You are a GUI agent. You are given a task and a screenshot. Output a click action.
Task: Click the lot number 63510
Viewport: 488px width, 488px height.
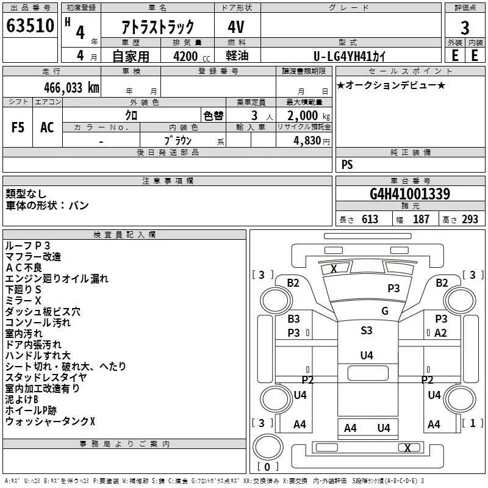(x=30, y=25)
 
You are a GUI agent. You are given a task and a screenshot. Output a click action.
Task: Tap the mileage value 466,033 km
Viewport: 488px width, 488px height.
(x=71, y=88)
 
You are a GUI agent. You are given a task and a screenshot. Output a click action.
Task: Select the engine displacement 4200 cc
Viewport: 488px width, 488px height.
(x=192, y=56)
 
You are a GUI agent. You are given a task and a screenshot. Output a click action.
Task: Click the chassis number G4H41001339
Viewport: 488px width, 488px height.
(x=410, y=194)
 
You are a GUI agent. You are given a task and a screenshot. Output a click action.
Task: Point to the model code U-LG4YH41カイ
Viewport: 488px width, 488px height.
(x=350, y=56)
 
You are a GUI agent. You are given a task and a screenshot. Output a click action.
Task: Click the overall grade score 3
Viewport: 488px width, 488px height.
(x=465, y=28)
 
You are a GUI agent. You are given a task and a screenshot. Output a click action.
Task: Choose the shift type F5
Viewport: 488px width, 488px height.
(x=18, y=127)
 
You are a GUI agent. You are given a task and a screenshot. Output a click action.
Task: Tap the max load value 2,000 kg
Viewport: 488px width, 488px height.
(x=309, y=116)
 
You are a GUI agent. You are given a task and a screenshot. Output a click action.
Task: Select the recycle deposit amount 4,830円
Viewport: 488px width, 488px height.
(x=312, y=141)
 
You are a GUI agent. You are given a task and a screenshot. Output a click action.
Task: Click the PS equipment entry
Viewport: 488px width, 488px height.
(x=347, y=164)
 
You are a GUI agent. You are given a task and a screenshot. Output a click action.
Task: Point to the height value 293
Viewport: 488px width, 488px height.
(x=470, y=220)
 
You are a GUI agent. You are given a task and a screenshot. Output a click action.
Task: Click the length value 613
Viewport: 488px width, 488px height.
(x=370, y=220)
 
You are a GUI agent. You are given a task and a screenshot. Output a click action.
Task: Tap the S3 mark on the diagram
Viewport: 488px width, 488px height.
(x=367, y=330)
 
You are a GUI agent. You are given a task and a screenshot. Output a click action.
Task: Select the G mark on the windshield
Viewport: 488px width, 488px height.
(x=385, y=311)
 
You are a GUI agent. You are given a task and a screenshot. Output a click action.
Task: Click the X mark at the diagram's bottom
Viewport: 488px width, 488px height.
(x=407, y=448)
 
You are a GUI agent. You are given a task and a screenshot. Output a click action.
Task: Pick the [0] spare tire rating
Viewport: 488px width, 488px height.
(x=267, y=467)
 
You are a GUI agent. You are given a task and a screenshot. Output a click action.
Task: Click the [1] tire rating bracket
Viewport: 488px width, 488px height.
(x=473, y=423)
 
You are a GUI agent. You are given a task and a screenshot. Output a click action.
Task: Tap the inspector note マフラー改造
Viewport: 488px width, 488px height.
(x=33, y=257)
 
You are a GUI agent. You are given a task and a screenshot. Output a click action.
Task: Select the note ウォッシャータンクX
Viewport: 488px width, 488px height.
(x=50, y=422)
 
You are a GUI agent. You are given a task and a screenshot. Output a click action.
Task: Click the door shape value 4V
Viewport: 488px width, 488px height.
(x=236, y=27)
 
